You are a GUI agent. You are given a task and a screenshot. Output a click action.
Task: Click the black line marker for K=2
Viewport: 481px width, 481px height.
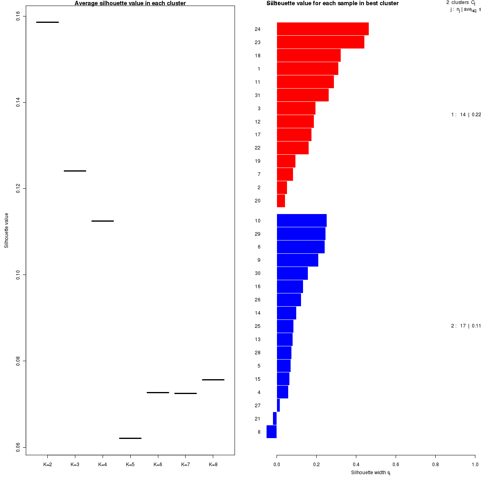[47, 22]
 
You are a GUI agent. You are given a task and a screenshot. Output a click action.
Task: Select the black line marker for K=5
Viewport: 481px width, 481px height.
[130, 438]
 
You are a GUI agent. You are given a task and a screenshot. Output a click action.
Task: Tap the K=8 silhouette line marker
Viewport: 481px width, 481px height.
[213, 380]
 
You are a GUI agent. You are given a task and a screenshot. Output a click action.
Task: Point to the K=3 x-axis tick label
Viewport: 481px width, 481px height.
[75, 465]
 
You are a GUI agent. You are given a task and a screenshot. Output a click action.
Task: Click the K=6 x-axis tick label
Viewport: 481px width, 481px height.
[158, 465]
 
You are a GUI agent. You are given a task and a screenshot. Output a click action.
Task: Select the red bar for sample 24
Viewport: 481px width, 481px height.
[323, 29]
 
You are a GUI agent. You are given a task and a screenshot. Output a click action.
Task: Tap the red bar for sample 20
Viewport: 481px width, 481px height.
[281, 201]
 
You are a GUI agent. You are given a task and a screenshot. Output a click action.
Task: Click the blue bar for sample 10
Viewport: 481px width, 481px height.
[301, 220]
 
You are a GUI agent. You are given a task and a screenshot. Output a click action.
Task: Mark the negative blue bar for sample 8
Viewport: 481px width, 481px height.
[271, 432]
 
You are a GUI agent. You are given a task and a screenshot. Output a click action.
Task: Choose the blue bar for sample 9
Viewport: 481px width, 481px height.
[297, 260]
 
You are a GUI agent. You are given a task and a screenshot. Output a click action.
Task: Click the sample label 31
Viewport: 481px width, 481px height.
[258, 95]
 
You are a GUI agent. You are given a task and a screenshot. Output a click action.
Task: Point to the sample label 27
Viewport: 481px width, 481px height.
[258, 406]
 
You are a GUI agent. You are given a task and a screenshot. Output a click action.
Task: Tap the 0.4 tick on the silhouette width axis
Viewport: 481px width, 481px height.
[356, 465]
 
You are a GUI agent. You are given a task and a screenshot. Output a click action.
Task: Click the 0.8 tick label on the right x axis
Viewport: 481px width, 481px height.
[435, 465]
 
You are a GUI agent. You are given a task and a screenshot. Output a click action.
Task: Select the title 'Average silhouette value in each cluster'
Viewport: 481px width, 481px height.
[130, 3]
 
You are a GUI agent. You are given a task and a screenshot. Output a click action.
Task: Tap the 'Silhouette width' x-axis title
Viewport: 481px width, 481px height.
[371, 473]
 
